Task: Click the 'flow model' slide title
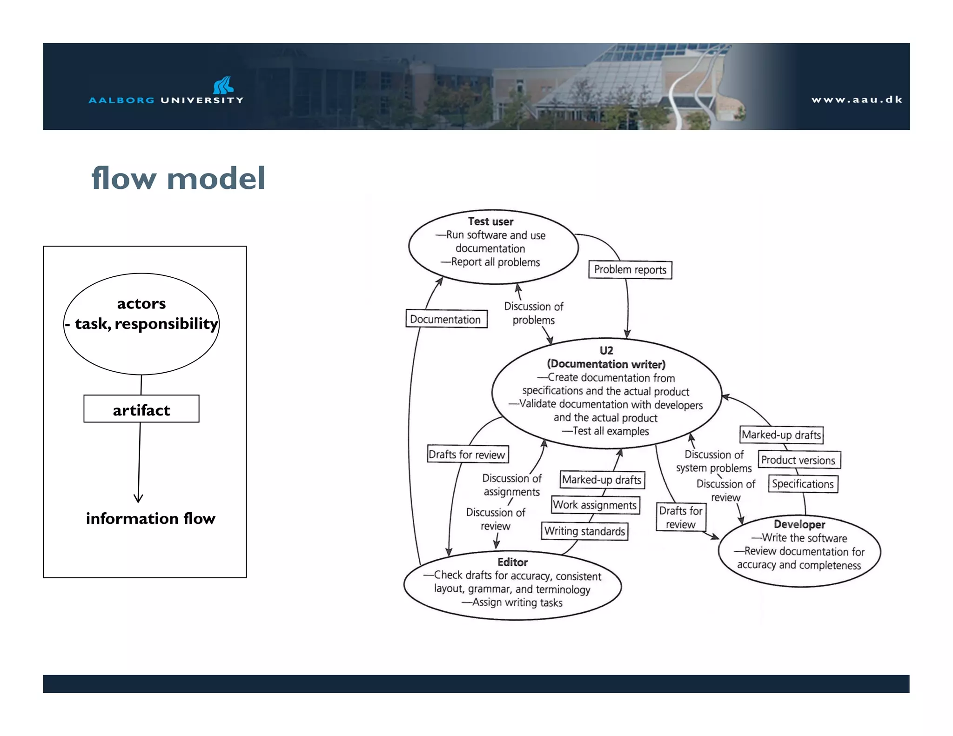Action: pyautogui.click(x=178, y=178)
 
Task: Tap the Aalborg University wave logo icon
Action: pyautogui.click(x=223, y=85)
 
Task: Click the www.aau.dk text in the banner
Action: pyautogui.click(x=857, y=100)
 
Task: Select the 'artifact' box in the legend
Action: pyautogui.click(x=141, y=409)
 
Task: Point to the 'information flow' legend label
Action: pyautogui.click(x=150, y=518)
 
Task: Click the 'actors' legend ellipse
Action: pyautogui.click(x=141, y=324)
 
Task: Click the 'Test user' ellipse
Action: pyautogui.click(x=493, y=247)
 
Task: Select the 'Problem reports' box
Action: pyautogui.click(x=630, y=270)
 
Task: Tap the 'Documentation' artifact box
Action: pyautogui.click(x=446, y=319)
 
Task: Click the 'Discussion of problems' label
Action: pyautogui.click(x=533, y=313)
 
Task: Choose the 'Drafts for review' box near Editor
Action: pyautogui.click(x=467, y=455)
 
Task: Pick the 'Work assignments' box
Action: pyautogui.click(x=595, y=505)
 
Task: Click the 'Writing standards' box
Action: pyautogui.click(x=584, y=531)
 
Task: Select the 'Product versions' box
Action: pyautogui.click(x=799, y=460)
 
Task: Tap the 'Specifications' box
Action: pyautogui.click(x=803, y=484)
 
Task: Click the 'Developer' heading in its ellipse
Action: pyautogui.click(x=799, y=524)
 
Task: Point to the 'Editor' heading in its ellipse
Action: pyautogui.click(x=512, y=562)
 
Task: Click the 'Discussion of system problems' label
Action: pyautogui.click(x=714, y=461)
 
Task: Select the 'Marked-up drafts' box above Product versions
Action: pyautogui.click(x=781, y=435)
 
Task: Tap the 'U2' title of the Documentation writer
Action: pyautogui.click(x=606, y=350)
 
